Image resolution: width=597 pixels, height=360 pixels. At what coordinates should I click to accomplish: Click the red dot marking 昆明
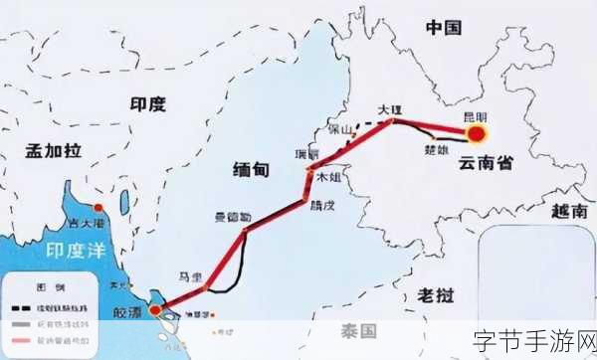[x=478, y=133]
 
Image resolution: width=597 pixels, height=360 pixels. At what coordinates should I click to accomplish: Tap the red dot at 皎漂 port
[x=155, y=311]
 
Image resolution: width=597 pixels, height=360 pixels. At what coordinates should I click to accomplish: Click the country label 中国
[x=446, y=28]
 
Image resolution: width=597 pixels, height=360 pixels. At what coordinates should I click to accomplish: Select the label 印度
[x=148, y=103]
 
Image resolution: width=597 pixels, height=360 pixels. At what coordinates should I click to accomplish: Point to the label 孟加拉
[x=53, y=151]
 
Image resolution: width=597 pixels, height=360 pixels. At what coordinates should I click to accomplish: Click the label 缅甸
[x=249, y=169]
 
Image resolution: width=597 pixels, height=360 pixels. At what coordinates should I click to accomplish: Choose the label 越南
[x=569, y=211]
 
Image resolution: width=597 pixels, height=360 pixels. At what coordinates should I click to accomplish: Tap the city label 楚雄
[x=437, y=150]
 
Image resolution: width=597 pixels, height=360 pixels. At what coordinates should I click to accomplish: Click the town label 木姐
[x=329, y=177]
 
